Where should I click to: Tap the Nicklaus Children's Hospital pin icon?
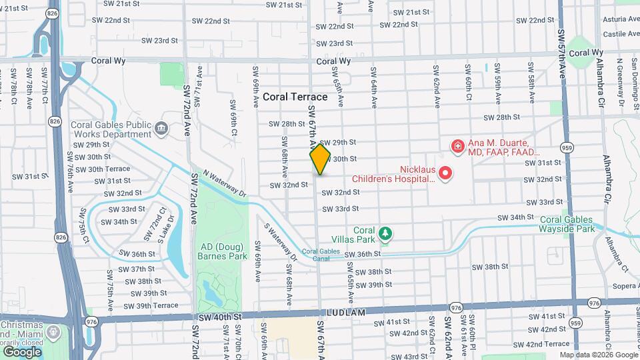click(445, 174)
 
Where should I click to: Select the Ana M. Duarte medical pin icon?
click(458, 145)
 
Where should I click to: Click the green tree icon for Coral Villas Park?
click(384, 233)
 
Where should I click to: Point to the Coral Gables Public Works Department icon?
click(161, 128)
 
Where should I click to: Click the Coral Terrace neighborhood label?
click(295, 97)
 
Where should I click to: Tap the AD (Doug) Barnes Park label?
click(223, 251)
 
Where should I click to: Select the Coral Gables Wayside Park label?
click(567, 223)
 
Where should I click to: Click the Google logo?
click(23, 351)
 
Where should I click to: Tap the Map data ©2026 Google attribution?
click(598, 355)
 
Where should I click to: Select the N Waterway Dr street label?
click(225, 183)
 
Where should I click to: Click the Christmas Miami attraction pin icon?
click(51, 331)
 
